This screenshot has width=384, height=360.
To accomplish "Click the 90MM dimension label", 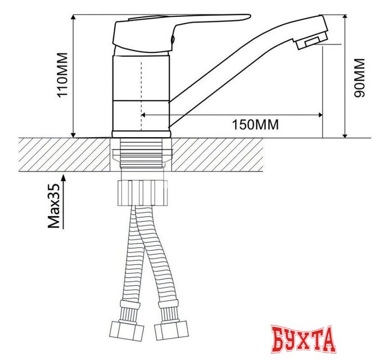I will (360, 78).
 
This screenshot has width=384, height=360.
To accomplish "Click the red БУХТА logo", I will (304, 340).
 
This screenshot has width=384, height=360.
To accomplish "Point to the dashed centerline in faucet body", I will (141, 90).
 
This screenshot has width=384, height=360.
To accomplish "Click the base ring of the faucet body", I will (141, 134).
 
